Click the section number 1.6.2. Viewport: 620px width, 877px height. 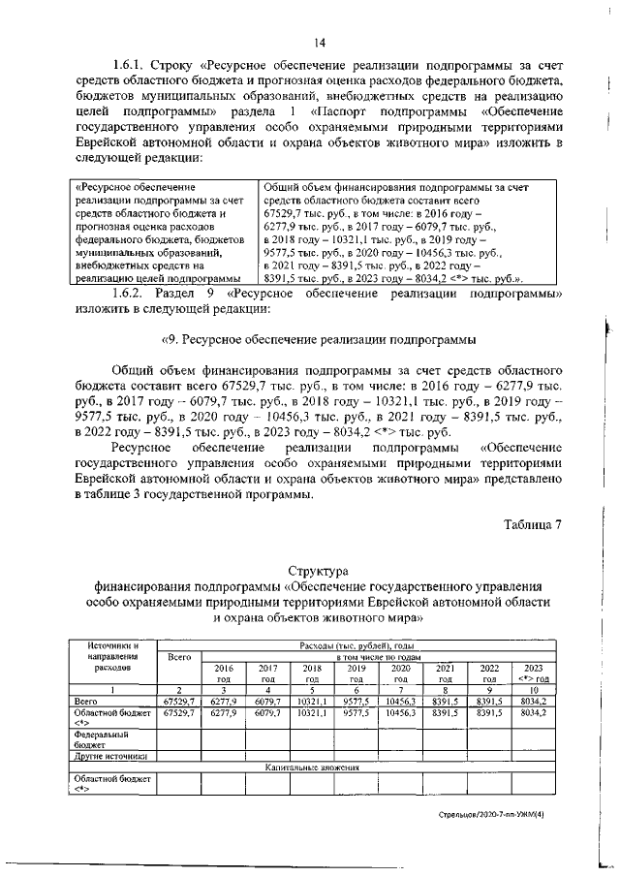(131, 293)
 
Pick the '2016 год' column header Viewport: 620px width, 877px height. (223, 673)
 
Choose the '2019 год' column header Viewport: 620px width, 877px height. (356, 673)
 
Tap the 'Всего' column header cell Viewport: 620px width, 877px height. (178, 657)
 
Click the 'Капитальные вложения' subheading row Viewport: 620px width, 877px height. (314, 767)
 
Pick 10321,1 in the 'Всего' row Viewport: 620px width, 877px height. (311, 700)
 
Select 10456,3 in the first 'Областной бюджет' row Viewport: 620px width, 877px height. (399, 712)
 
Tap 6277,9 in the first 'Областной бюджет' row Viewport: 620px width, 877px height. (223, 712)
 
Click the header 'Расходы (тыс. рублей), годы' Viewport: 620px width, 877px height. (356, 644)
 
